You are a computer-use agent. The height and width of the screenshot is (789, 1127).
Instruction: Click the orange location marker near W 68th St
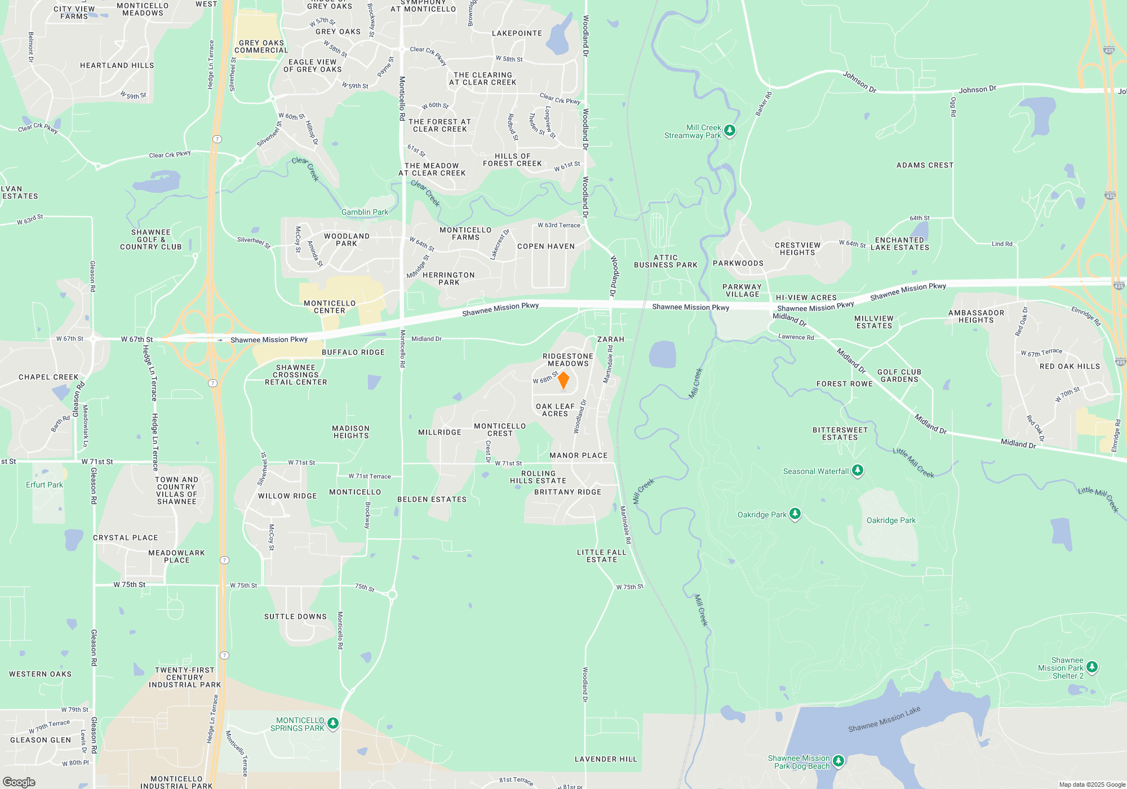(563, 380)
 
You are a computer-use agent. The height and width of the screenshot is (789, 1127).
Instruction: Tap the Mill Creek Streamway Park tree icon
(730, 131)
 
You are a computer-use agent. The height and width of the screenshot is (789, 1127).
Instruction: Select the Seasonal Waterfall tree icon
(858, 470)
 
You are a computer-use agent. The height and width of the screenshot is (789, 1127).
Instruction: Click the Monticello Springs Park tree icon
(333, 723)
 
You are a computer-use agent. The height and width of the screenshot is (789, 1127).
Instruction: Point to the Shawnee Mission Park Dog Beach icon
(838, 761)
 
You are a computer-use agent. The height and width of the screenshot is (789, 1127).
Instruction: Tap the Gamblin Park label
(365, 212)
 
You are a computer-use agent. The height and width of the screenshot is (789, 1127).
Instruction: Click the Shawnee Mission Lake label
(884, 719)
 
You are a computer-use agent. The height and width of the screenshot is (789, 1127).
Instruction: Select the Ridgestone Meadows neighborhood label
(568, 360)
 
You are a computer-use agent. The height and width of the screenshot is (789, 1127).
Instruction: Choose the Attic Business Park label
(665, 261)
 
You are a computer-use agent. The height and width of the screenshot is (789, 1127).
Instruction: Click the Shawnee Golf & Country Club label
(151, 240)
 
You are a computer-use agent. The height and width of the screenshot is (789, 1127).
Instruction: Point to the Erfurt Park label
(45, 485)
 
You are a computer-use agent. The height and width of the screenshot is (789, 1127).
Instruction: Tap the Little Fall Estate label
(602, 556)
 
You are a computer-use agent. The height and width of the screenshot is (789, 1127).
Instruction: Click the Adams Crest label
(925, 165)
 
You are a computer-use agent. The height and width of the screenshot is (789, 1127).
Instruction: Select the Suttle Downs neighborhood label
(295, 617)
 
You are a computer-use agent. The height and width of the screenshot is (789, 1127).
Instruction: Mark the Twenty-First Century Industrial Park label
(185, 677)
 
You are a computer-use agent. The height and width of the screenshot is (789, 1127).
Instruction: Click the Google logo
(19, 782)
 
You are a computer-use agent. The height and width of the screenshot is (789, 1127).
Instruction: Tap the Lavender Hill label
(606, 759)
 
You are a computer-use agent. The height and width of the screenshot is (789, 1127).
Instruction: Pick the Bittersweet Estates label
(840, 433)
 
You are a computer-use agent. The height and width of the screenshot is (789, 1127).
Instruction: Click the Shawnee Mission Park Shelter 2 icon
(1091, 667)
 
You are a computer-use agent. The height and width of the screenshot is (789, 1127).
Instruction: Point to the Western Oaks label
(41, 674)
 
